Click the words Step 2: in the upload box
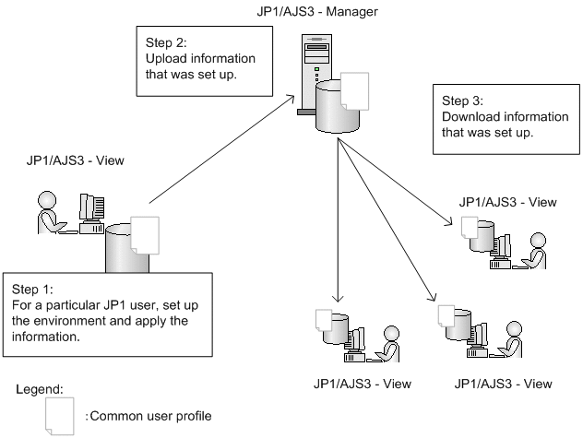[x=167, y=42]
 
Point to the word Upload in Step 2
[x=167, y=59]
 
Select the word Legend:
[x=40, y=391]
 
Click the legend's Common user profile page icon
[x=60, y=416]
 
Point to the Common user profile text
[x=149, y=416]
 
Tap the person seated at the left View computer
[x=48, y=215]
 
